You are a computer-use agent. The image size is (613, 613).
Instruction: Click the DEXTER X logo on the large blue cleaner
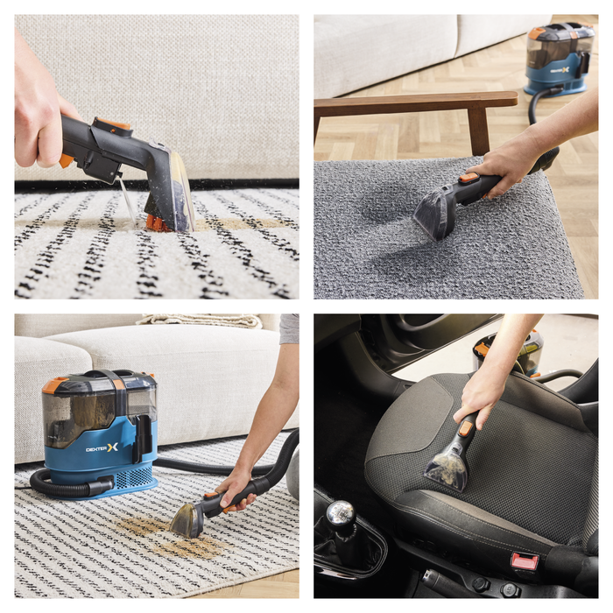(x=102, y=447)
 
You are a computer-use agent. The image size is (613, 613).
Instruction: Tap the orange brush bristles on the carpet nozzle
(x=157, y=223)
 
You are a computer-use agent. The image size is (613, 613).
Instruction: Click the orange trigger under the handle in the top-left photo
(x=66, y=160)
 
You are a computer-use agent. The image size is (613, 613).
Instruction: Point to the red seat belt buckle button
(x=525, y=561)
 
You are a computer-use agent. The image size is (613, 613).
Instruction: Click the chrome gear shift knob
(x=341, y=512)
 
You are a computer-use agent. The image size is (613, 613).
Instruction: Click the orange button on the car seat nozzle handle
(x=466, y=428)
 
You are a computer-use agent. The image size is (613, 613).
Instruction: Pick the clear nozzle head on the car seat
(x=447, y=469)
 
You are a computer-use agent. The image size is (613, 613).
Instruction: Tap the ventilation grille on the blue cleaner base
(x=134, y=477)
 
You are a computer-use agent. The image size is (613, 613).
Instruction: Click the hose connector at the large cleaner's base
(x=101, y=486)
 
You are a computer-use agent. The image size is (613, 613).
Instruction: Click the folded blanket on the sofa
(x=200, y=321)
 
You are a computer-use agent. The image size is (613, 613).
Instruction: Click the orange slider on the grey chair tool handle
(x=469, y=178)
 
